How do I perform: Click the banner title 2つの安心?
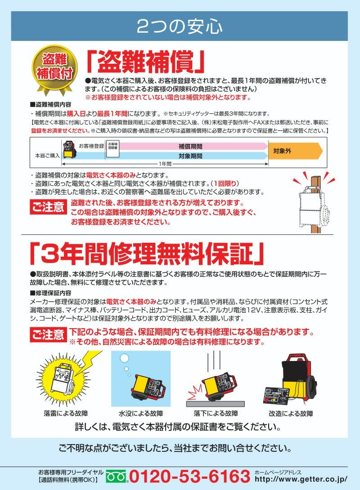coord(179,27)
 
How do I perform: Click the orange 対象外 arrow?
coord(295,151)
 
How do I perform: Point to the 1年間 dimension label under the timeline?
coord(165,164)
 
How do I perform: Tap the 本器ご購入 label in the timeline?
coord(47,155)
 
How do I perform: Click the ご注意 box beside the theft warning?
coord(48,207)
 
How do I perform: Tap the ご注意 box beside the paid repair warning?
coord(48,335)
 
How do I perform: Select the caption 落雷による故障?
coord(66,414)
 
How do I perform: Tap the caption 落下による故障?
coord(216,414)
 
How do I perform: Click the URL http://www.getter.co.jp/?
coord(301,479)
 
